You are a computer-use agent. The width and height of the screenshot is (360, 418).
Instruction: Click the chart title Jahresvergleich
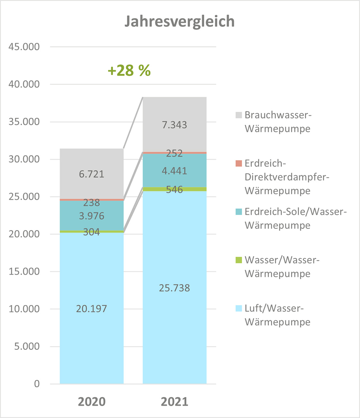tap(179, 22)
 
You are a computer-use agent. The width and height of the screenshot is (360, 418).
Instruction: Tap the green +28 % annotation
tap(129, 70)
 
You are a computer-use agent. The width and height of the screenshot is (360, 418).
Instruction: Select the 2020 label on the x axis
tap(92, 402)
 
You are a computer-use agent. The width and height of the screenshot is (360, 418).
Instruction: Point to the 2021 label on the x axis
tap(175, 402)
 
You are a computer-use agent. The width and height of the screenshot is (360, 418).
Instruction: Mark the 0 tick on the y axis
tap(37, 384)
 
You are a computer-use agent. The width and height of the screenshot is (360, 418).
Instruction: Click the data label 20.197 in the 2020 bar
tap(92, 309)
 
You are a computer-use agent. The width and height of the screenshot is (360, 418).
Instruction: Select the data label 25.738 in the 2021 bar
tap(175, 288)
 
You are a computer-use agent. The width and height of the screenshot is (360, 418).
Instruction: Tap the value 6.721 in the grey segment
tap(92, 174)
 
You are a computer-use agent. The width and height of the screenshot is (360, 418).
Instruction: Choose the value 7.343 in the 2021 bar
tap(175, 125)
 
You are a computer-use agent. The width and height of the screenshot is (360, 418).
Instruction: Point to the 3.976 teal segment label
tap(92, 216)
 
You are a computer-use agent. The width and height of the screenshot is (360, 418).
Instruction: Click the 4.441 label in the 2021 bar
tap(175, 171)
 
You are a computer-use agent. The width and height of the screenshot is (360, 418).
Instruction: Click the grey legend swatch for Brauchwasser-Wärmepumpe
tap(239, 115)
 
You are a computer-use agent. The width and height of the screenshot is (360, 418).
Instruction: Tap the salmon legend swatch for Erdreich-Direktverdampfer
tap(239, 163)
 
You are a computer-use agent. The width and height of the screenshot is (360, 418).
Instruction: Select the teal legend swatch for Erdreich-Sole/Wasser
tap(239, 212)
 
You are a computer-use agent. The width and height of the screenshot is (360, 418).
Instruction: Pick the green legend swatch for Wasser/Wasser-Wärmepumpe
tap(239, 260)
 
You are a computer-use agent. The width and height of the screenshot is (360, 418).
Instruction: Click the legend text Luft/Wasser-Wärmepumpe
tap(277, 315)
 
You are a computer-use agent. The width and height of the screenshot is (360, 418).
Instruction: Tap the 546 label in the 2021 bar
tap(175, 190)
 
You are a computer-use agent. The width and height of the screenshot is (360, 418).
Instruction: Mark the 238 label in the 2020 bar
tap(92, 203)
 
